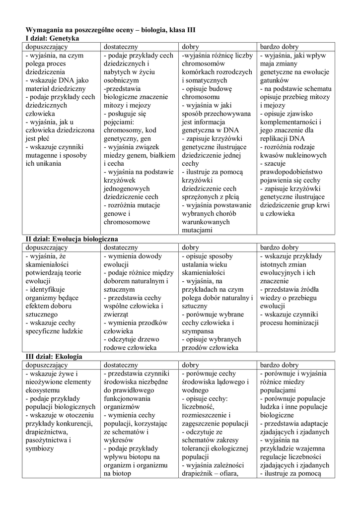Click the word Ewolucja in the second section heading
(68, 239)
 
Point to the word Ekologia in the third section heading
(69, 356)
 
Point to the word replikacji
(275, 138)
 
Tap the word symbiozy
(40, 448)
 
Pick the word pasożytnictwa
(48, 440)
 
